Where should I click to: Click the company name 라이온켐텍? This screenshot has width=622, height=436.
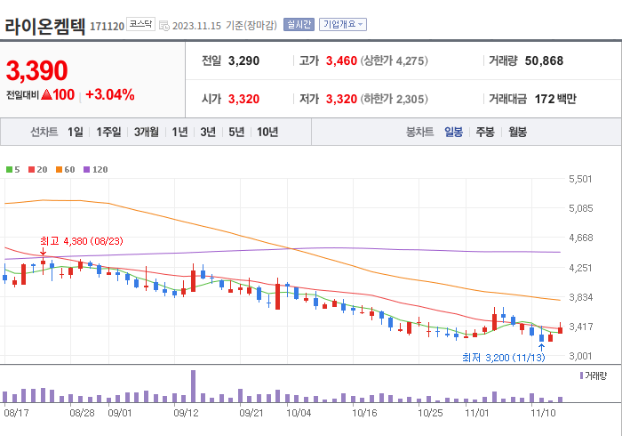(x=45, y=25)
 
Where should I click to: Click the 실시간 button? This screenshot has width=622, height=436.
(x=299, y=25)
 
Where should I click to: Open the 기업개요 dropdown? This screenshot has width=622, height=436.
(x=343, y=25)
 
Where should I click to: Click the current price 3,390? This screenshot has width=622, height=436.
(x=37, y=70)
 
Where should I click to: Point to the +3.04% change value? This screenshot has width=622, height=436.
(x=110, y=94)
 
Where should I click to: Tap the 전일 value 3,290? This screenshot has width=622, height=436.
(x=243, y=61)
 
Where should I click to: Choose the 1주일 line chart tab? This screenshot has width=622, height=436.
(x=109, y=132)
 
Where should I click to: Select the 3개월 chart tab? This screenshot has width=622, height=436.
(x=147, y=132)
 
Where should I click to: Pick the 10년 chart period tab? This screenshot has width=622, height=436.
(x=267, y=132)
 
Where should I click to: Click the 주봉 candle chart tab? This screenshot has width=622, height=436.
(x=485, y=132)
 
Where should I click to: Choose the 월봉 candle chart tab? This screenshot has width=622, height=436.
(x=517, y=132)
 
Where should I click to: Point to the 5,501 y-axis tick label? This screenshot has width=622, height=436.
(x=579, y=180)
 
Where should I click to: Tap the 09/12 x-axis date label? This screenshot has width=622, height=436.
(x=186, y=413)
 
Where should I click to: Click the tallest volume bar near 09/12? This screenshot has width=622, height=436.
(x=193, y=386)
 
